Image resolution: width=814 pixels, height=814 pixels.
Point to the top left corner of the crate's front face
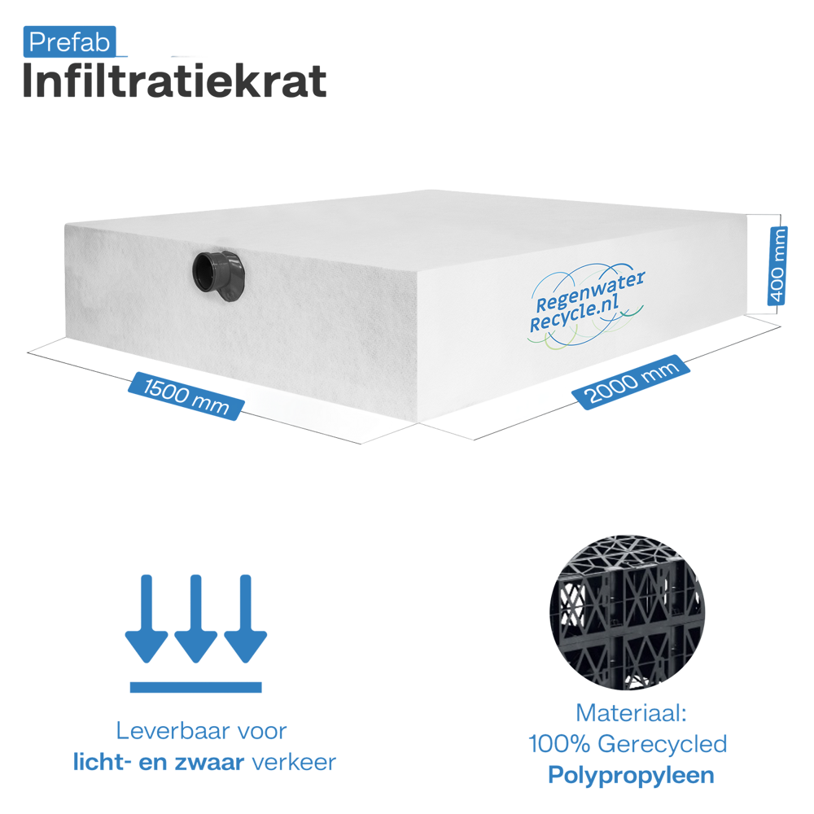[x=65, y=225]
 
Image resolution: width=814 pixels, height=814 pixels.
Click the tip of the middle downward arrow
[x=195, y=663]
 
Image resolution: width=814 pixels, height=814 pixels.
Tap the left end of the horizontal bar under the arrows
[x=130, y=687]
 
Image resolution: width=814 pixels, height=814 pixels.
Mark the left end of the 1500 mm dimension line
[x=28, y=353]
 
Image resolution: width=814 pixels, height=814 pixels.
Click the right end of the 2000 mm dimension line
[x=781, y=326]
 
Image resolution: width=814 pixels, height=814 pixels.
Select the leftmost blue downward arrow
[x=147, y=619]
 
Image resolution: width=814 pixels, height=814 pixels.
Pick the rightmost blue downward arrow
[x=246, y=619]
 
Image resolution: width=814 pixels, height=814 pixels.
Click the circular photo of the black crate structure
[x=627, y=613]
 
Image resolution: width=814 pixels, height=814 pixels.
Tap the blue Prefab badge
[x=69, y=42]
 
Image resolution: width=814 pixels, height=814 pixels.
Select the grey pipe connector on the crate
[x=217, y=276]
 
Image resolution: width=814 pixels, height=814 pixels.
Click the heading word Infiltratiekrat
[x=174, y=81]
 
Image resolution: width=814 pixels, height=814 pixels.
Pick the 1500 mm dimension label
[x=186, y=396]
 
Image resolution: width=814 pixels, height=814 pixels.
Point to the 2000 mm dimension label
[x=631, y=382]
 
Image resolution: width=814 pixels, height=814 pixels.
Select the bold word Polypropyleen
[x=632, y=776]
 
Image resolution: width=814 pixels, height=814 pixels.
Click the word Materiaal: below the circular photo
[x=632, y=713]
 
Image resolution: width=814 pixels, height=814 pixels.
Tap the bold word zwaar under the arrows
[x=209, y=762]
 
